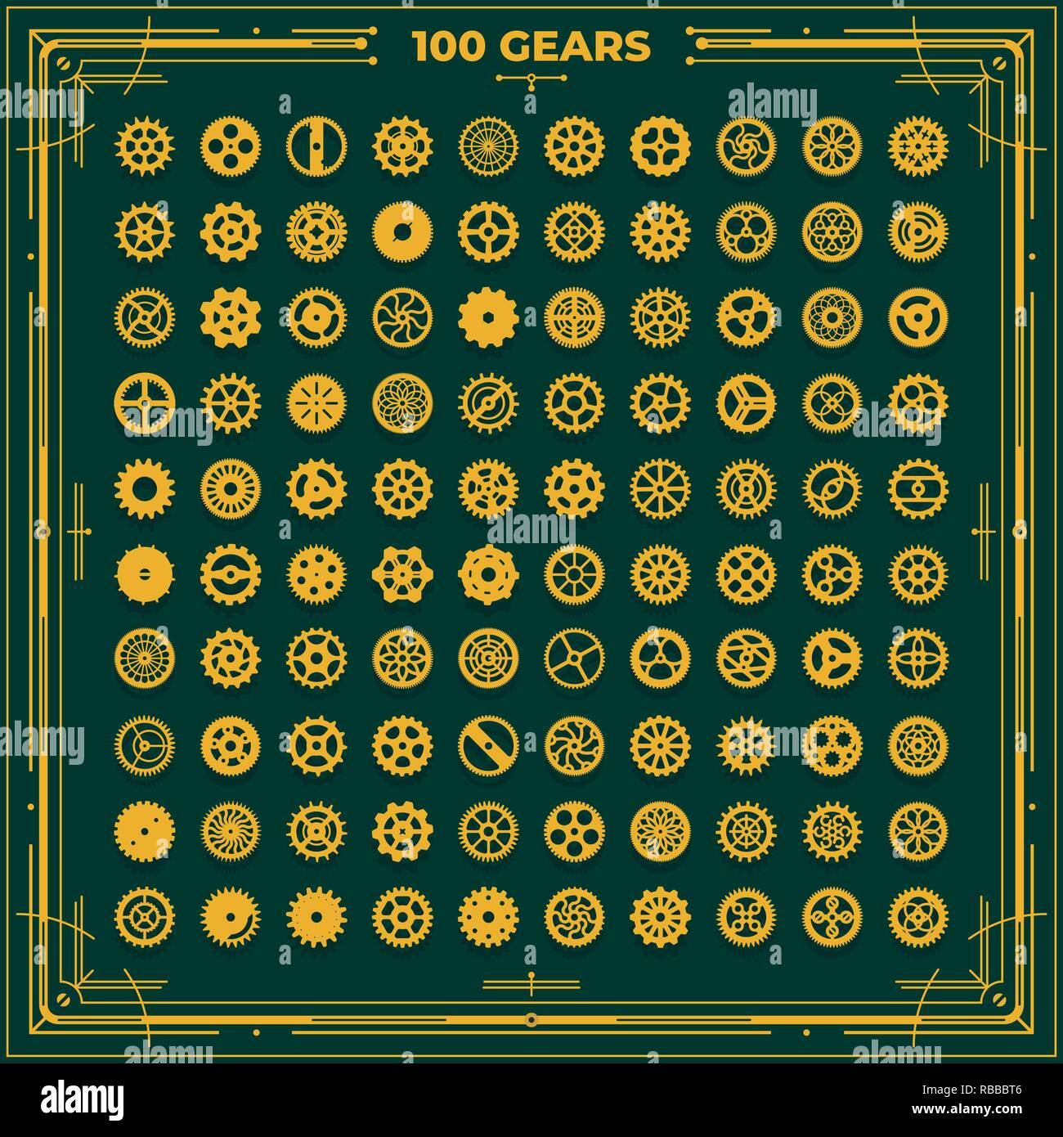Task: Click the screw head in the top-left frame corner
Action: (x=64, y=62)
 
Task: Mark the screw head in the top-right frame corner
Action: (x=999, y=62)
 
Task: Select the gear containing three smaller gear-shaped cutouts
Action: (x=832, y=745)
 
